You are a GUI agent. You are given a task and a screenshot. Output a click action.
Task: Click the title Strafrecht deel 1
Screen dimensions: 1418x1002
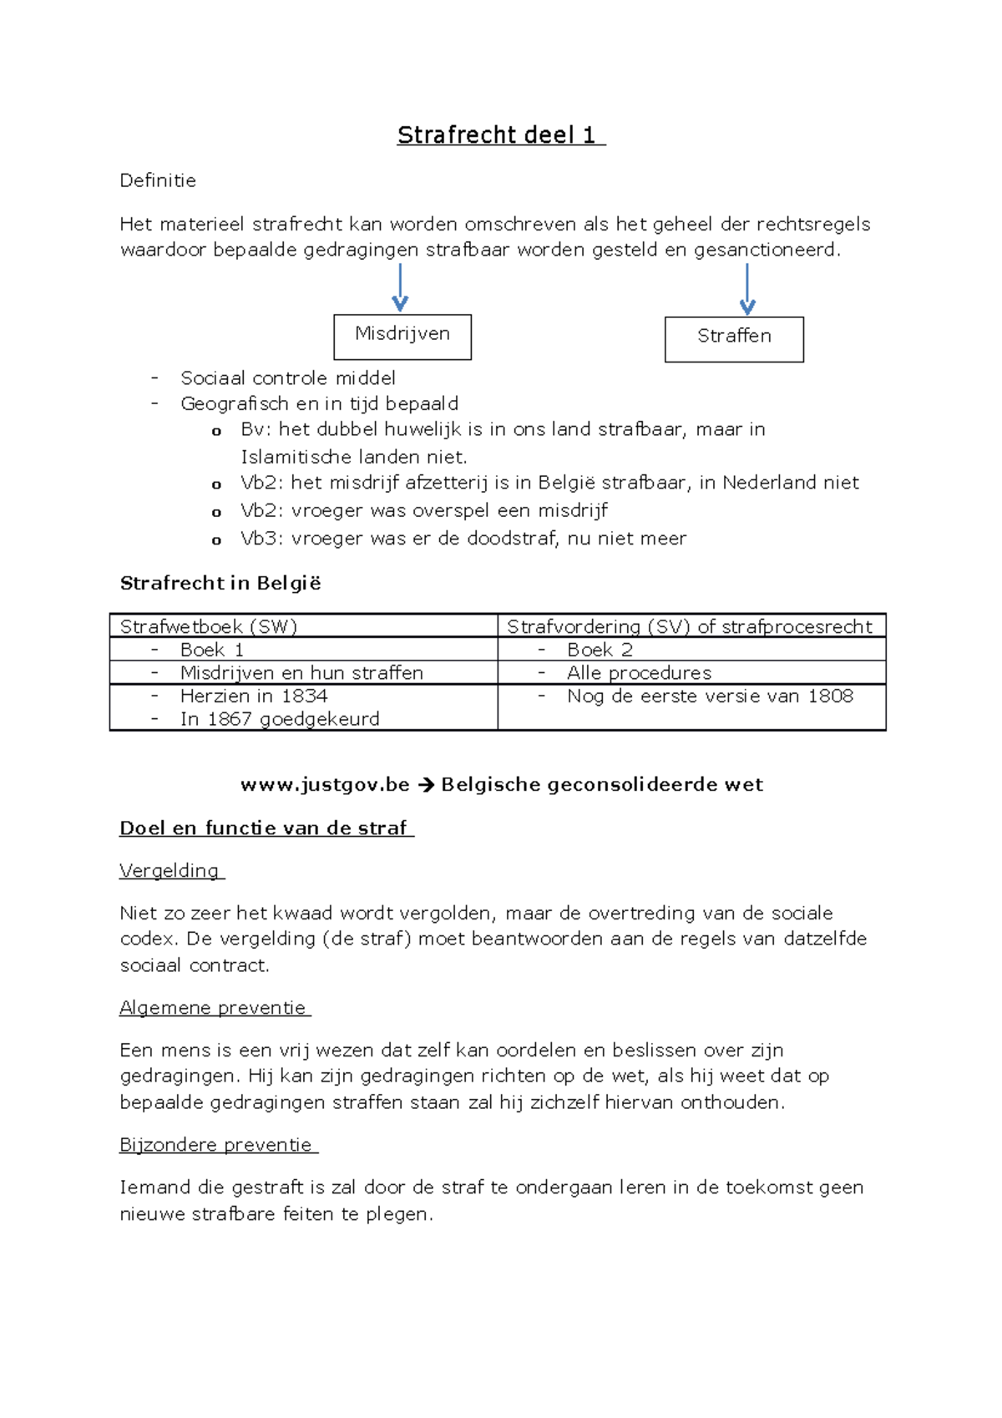pos(500,135)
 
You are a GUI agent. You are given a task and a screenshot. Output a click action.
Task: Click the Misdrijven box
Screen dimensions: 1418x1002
pos(402,336)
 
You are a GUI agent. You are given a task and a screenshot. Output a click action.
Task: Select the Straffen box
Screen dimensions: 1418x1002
pos(734,338)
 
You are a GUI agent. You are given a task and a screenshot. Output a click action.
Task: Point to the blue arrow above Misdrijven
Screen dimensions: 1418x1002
pos(400,288)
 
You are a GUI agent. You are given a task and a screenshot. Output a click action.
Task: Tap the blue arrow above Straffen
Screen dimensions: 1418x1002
pos(747,290)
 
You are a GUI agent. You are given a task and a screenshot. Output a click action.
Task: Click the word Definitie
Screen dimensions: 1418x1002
pos(158,180)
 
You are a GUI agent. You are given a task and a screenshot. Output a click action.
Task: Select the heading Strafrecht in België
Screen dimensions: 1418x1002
pos(220,583)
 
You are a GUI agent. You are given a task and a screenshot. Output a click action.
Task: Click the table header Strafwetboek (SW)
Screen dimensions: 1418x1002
pos(209,626)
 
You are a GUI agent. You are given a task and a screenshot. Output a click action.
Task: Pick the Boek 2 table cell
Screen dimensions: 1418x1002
pos(600,650)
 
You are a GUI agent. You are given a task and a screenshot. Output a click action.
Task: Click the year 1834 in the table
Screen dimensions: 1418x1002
pos(304,696)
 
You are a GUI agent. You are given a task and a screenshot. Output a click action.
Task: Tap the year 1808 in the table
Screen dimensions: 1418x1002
pos(830,696)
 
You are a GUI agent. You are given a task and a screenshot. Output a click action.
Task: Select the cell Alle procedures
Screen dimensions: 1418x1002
pos(639,673)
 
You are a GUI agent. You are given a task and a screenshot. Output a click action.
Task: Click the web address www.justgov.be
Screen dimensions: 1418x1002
pos(325,784)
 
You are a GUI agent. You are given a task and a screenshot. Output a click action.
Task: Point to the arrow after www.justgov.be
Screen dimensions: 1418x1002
pos(425,785)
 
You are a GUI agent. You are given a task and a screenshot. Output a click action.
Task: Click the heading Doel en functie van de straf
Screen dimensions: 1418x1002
pos(266,828)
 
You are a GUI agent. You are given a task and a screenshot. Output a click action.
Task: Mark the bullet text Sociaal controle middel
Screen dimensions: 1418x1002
pos(288,378)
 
